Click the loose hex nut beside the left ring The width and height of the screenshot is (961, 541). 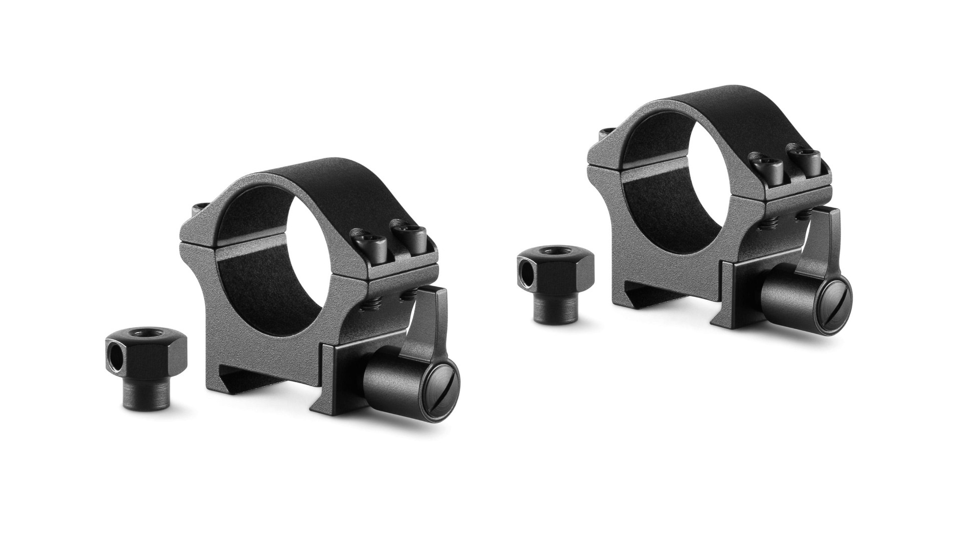click(146, 357)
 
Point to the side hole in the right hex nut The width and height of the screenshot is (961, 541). click(526, 277)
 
